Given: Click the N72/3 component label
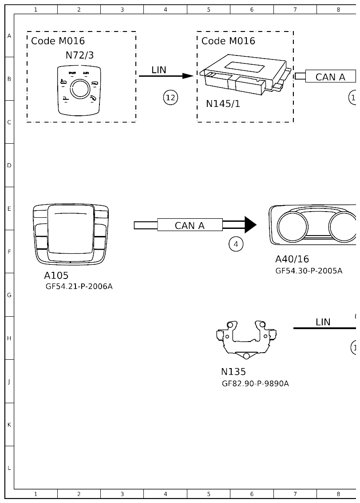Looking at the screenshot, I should point(79,55).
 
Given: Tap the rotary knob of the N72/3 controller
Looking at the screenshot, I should point(80,89).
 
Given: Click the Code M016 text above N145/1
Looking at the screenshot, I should point(228,41).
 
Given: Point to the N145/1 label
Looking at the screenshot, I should point(223,104).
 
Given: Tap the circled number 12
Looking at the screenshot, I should point(170,98).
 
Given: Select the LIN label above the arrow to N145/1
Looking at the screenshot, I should point(159,70).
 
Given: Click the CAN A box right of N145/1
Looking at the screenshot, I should point(330,77).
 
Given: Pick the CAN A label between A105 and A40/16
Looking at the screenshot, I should point(190,225).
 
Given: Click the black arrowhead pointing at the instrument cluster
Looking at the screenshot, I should point(250,225).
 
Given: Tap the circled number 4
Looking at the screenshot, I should point(236,244).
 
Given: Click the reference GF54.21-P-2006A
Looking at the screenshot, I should point(79,287).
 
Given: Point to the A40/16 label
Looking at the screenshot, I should point(292,259).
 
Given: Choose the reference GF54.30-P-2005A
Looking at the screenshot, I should point(309,271).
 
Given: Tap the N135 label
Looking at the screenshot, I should point(233,372).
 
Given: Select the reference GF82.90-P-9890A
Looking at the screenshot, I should point(255,383).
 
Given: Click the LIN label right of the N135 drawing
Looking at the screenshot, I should point(323,322).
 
